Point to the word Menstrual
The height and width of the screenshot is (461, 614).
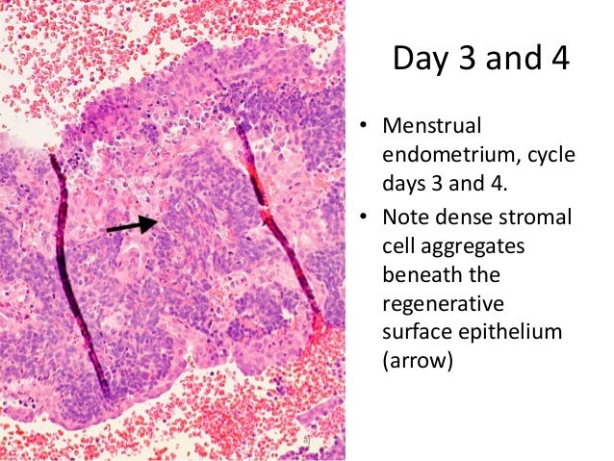[432, 126]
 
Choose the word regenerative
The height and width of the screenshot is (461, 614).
[442, 307]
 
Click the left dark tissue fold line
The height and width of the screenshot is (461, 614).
[79, 279]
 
